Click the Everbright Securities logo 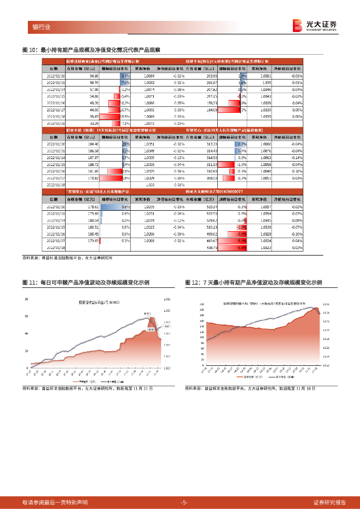coord(315,25)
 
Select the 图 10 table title coord(92,50)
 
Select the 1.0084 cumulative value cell coord(149,76)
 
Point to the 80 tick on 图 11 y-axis coord(26,299)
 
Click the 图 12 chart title coord(254,283)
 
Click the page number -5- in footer coord(184,502)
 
